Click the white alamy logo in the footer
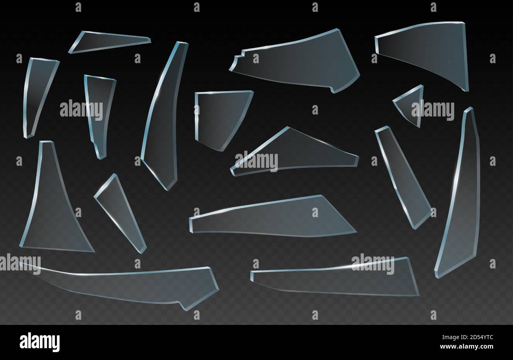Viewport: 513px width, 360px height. tap(39, 342)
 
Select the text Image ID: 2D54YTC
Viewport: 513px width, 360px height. tap(466, 338)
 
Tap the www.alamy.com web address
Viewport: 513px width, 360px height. tap(466, 347)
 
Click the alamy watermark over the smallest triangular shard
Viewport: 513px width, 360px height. tap(432, 111)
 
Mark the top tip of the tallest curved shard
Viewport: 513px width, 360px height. tap(469, 109)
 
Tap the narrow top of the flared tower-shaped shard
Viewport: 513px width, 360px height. tap(46, 143)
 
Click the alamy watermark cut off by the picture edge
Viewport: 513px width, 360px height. tap(20, 264)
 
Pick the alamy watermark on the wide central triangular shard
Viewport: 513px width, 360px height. tap(256, 161)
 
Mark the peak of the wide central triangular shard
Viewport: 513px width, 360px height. tap(288, 128)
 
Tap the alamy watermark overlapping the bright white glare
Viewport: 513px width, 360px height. tap(373, 264)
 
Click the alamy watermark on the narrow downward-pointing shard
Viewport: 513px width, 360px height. tap(81, 110)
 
